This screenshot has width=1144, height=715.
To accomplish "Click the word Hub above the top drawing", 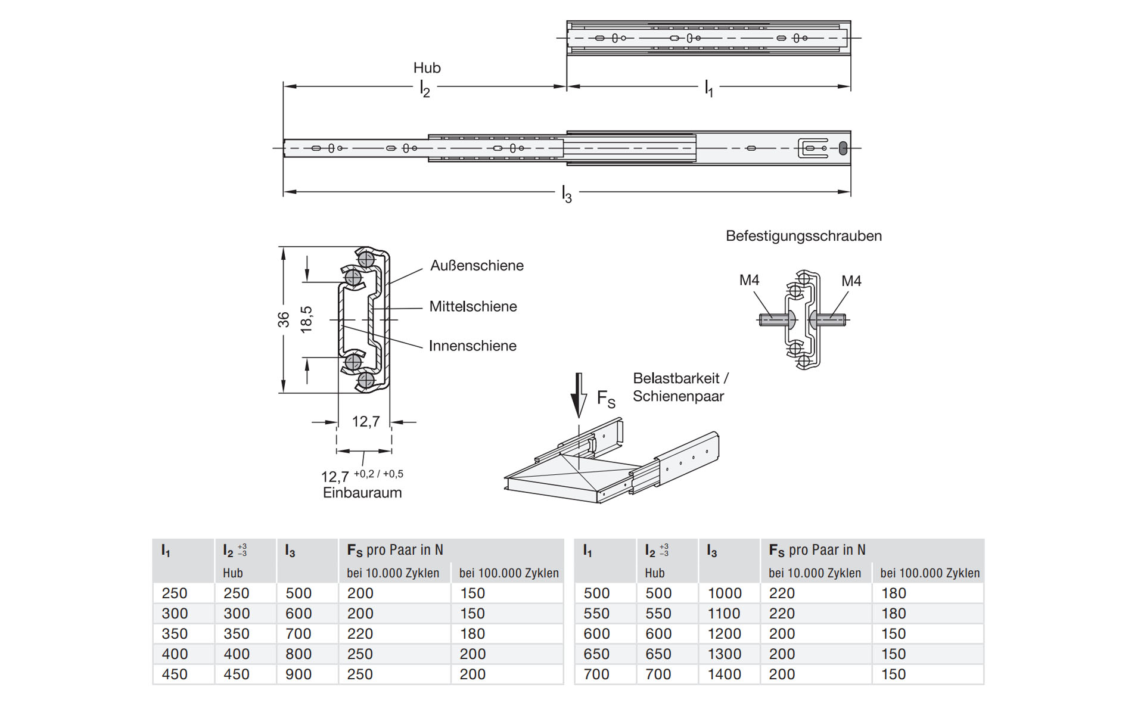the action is click(x=427, y=68).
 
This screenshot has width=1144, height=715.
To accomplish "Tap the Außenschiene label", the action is click(x=477, y=266).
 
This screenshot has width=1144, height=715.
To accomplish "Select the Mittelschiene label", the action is click(x=473, y=306).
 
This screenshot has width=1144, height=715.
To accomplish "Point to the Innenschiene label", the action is click(x=472, y=346).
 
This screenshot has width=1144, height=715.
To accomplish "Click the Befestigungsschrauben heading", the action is click(x=804, y=236).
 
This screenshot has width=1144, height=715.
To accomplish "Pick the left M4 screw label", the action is click(x=749, y=280).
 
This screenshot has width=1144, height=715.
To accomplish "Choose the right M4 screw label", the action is click(x=851, y=281).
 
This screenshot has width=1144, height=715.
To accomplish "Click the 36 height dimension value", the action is click(x=283, y=319).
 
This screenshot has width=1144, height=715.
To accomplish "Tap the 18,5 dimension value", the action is click(x=306, y=319).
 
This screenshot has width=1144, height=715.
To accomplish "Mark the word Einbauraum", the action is click(x=362, y=493).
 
